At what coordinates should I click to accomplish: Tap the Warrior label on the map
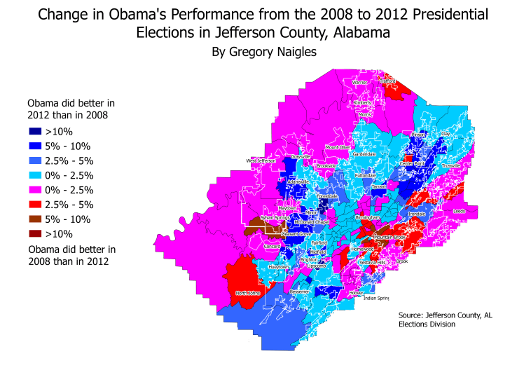click(x=359, y=82)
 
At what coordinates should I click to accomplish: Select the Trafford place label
click(x=387, y=81)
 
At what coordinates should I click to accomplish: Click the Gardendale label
click(x=364, y=153)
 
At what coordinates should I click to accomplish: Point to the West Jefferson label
click(x=261, y=160)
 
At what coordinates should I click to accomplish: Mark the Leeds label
click(x=460, y=210)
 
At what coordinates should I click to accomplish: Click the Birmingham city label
click(x=368, y=218)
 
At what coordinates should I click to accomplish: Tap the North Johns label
click(x=248, y=292)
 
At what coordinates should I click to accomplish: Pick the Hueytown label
click(x=279, y=267)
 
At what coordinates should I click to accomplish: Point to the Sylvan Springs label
click(x=275, y=218)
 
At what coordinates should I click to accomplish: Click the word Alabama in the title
click(x=363, y=32)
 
